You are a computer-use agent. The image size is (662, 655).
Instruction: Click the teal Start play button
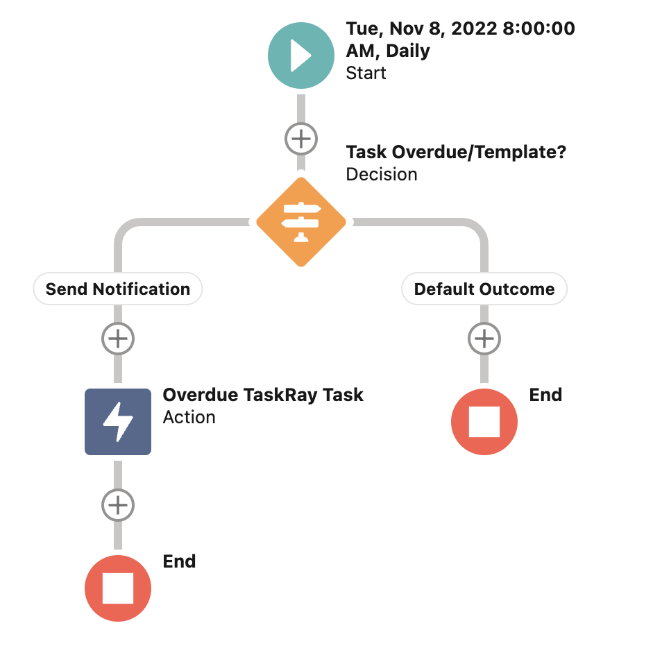300,56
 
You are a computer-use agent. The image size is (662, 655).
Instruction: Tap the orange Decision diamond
300,222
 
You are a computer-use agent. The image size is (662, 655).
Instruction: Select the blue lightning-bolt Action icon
118,422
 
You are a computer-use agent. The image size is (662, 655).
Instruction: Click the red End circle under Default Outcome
484,422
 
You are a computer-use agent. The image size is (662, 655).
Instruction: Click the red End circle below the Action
118,588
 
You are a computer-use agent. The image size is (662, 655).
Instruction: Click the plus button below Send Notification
118,339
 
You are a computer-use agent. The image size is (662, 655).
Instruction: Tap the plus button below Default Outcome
484,339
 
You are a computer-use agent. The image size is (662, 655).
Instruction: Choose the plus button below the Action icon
118,504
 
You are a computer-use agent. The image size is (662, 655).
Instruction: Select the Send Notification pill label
118,289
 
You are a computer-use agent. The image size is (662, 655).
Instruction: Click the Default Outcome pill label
484,289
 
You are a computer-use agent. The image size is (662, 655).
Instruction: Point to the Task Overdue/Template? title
456,151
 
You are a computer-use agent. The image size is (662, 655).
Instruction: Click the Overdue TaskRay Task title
263,395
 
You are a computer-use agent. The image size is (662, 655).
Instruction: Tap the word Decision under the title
382,174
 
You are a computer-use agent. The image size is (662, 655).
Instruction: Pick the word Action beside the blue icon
189,417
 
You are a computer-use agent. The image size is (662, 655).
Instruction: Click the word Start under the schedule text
366,73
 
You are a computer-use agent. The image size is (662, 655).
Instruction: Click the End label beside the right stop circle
545,395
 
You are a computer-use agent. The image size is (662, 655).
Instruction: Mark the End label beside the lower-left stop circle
179,561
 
